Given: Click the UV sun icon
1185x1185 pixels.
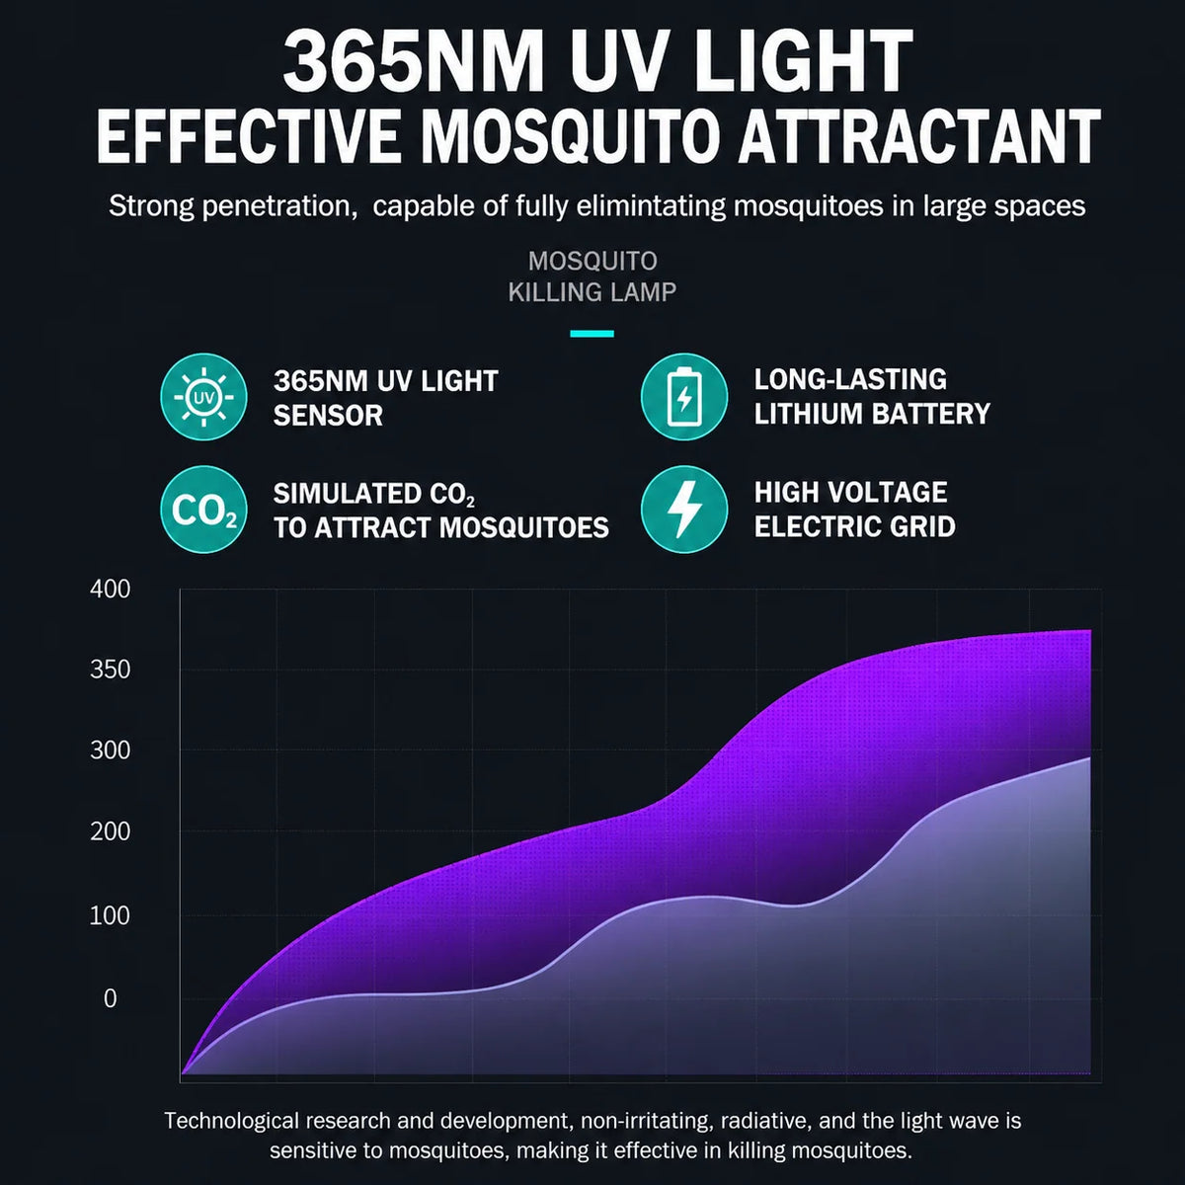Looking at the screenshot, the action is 203,397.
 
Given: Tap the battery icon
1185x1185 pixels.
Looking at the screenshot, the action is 683,397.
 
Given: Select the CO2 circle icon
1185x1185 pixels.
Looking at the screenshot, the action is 203,510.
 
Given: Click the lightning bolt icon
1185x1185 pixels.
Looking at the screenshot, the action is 683,510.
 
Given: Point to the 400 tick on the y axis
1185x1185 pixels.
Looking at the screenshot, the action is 110,590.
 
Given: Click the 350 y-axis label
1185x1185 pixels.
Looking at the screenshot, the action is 110,670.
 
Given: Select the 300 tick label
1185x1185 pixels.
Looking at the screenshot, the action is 110,750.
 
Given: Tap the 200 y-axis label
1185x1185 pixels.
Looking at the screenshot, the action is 110,831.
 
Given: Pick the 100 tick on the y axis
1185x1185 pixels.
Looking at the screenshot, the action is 110,915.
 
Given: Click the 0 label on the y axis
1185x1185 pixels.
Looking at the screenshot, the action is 110,998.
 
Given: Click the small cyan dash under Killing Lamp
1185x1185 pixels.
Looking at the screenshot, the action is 592,334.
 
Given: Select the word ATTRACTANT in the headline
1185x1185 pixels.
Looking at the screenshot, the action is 918,134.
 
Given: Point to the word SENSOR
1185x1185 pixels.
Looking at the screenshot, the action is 328,416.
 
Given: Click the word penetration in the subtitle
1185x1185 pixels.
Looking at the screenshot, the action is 279,206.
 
